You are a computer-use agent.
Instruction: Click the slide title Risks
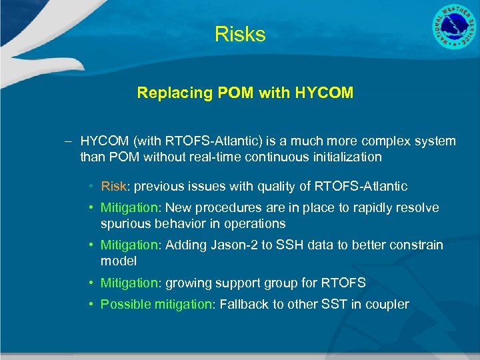240,35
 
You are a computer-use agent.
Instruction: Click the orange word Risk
113,186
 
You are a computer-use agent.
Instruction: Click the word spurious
125,223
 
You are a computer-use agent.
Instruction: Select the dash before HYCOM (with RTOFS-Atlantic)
69,141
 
